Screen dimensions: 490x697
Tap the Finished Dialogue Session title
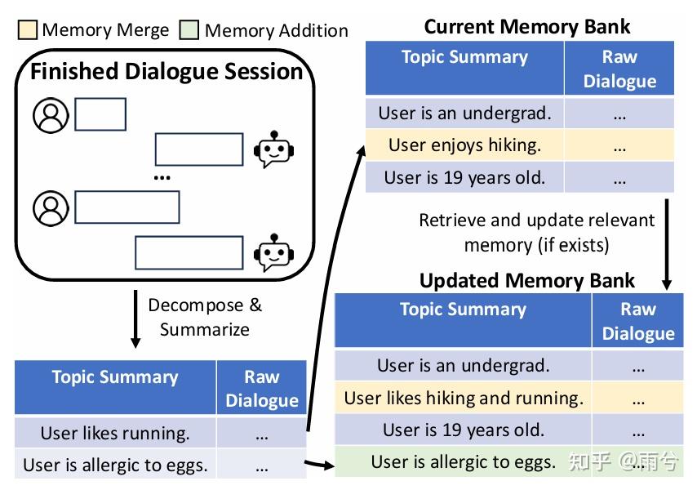[166, 71]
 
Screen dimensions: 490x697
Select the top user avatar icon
[51, 115]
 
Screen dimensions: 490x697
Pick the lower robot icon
[272, 253]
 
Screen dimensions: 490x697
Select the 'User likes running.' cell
[115, 434]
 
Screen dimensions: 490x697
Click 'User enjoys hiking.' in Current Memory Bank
[464, 145]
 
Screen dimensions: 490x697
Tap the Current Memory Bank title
[527, 26]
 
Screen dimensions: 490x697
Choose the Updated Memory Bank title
[526, 280]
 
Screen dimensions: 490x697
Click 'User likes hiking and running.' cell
[464, 399]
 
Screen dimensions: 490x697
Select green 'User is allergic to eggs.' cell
[464, 461]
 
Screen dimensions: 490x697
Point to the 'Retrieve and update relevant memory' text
[536, 232]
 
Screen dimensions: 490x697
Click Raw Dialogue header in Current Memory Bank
[619, 69]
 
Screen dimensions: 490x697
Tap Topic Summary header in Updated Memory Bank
[463, 310]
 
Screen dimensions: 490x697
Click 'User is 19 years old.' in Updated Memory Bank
[464, 430]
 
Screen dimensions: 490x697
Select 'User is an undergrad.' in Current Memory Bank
[464, 113]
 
